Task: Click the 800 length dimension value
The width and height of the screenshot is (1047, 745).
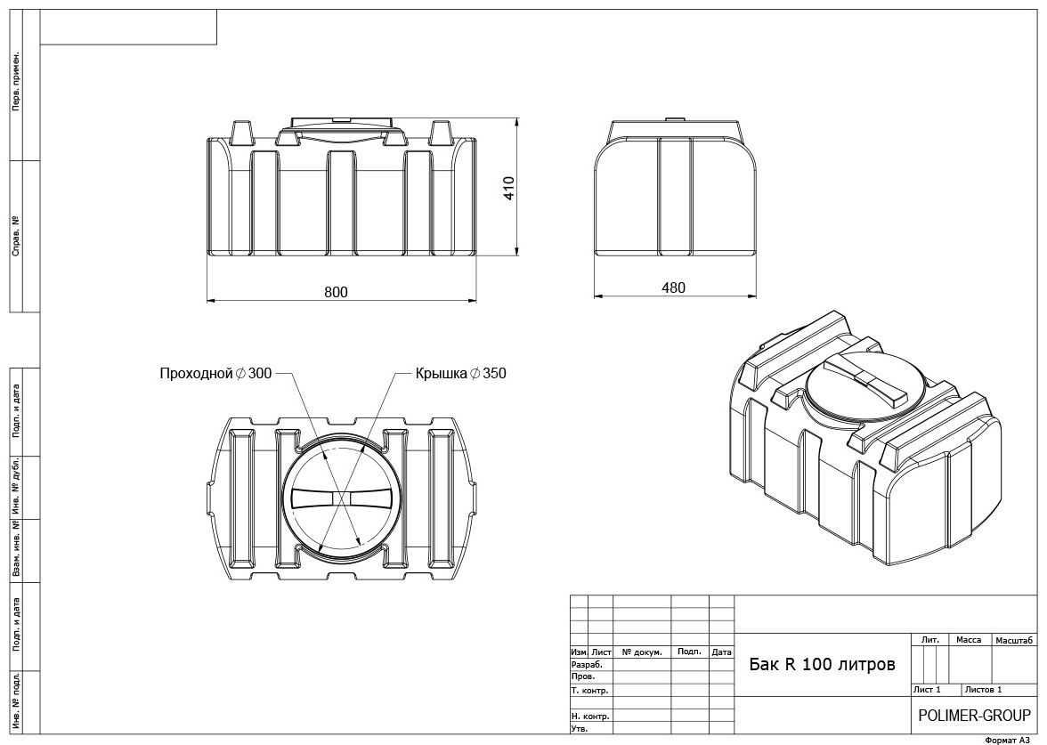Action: [336, 292]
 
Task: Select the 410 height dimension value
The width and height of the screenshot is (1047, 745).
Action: [509, 189]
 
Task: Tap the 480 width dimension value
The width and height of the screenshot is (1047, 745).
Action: [673, 287]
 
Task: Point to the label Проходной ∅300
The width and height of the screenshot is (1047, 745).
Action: [215, 373]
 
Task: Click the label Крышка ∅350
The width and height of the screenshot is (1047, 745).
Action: [461, 373]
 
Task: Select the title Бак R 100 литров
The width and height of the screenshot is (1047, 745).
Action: [822, 665]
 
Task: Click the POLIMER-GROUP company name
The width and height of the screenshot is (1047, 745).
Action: [974, 716]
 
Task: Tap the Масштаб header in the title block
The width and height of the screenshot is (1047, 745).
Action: [1014, 641]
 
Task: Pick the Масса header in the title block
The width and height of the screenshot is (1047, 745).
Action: [969, 640]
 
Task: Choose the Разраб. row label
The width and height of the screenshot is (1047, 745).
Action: [587, 665]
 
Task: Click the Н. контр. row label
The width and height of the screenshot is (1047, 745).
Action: [590, 717]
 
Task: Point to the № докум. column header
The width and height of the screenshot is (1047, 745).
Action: [642, 652]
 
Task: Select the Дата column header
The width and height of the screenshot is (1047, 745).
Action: [721, 652]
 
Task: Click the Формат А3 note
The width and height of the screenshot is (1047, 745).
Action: [1008, 740]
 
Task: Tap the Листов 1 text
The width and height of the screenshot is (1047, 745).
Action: [984, 690]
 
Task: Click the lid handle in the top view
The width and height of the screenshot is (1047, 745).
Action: [342, 499]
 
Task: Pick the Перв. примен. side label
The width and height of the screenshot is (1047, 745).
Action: [16, 81]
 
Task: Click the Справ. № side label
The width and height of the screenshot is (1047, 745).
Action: [16, 237]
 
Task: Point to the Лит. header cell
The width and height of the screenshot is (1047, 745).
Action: [930, 639]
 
